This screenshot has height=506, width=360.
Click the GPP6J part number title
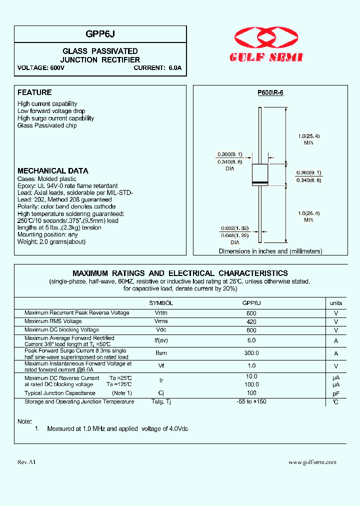click(100, 33)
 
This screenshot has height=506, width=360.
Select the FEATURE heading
click(34, 92)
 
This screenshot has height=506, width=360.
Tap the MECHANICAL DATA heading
click(53, 170)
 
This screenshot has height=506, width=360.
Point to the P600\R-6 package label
click(270, 92)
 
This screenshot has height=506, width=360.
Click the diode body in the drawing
click(260, 174)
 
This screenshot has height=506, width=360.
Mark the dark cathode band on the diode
click(260, 181)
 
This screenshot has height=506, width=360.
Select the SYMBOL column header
click(161, 303)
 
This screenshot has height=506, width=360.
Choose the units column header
click(336, 303)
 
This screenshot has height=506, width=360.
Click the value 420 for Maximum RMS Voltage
click(251, 321)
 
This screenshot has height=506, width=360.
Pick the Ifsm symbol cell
click(161, 353)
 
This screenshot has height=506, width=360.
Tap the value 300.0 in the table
click(251, 353)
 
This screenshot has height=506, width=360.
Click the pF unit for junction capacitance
click(336, 393)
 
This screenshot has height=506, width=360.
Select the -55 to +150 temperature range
click(251, 402)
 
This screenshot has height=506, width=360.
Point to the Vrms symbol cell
click(161, 321)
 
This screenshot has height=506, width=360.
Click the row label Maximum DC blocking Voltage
click(61, 330)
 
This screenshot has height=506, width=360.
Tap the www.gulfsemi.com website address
click(312, 462)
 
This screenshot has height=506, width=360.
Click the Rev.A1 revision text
click(26, 462)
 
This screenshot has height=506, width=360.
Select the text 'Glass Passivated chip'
click(47, 125)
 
